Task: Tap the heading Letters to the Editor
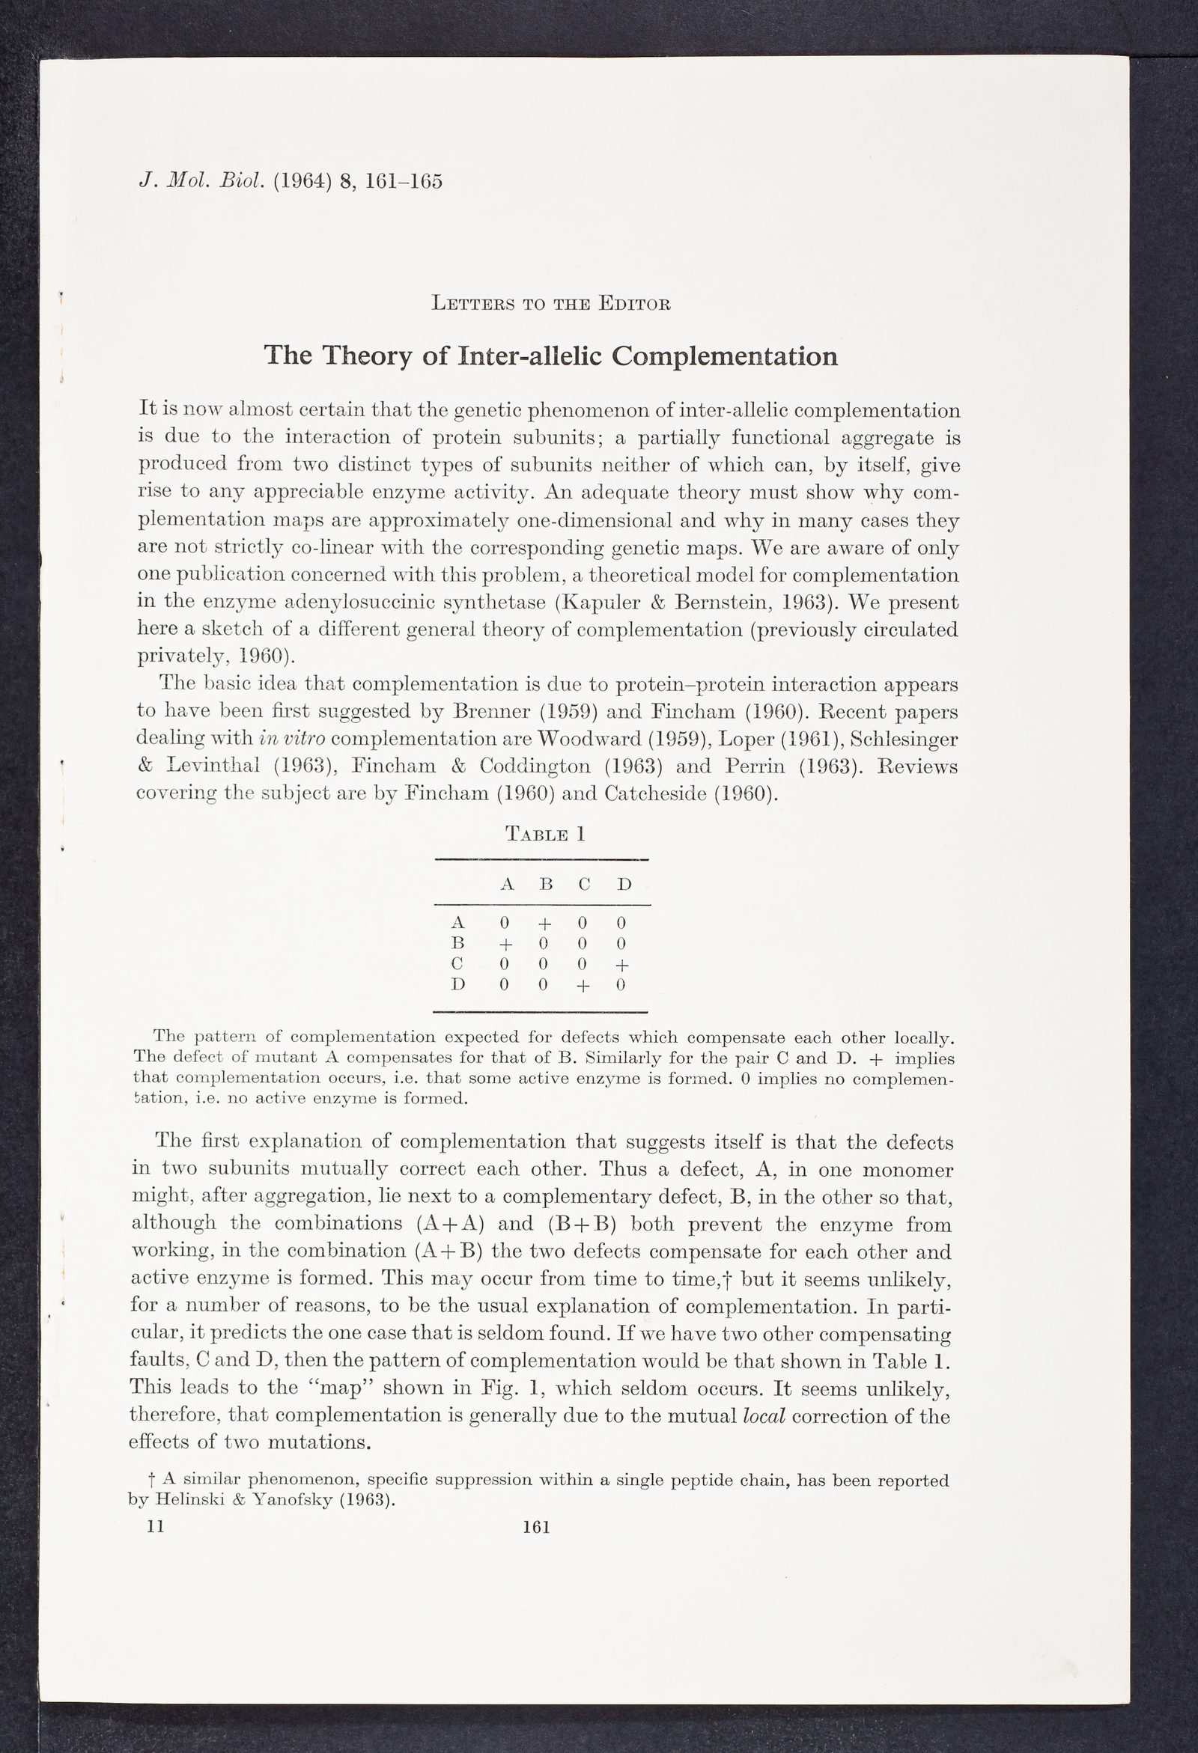[x=551, y=304]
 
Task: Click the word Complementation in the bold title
[x=724, y=356]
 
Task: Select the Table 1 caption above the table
[x=544, y=835]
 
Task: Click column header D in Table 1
[x=624, y=884]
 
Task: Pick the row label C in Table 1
[x=457, y=964]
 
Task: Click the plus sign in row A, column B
[x=544, y=923]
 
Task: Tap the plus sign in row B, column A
[x=505, y=945]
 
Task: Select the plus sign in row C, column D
[x=622, y=966]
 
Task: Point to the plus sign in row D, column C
[x=583, y=986]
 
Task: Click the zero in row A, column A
[x=505, y=923]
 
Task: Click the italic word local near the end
[x=764, y=1416]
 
